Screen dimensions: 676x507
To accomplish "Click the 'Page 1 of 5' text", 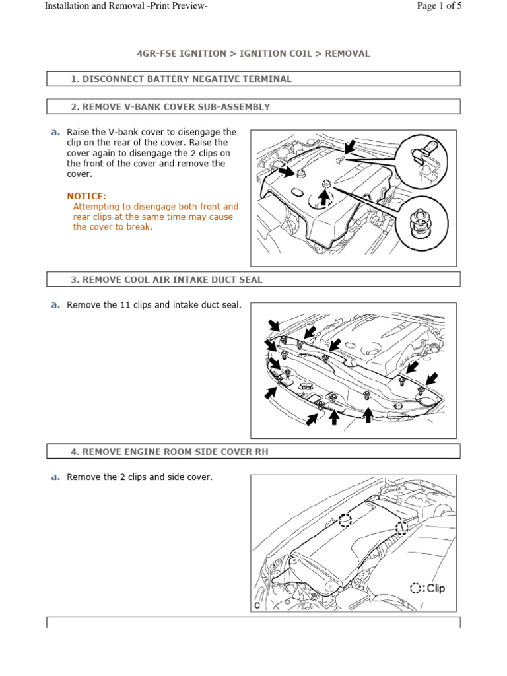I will coord(439,6).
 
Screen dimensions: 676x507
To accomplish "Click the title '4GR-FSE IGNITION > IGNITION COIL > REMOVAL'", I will coord(253,53).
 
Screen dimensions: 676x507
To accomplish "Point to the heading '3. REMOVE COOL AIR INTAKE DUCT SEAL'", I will coord(166,279).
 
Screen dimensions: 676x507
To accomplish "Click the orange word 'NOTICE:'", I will coord(86,196).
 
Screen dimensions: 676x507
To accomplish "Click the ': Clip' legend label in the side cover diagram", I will coord(434,588).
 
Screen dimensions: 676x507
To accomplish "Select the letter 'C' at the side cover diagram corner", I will coord(256,605).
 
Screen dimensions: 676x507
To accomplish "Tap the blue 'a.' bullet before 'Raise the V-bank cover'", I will coord(55,132).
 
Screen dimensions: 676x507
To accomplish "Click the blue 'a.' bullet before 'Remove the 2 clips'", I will coord(55,477).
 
